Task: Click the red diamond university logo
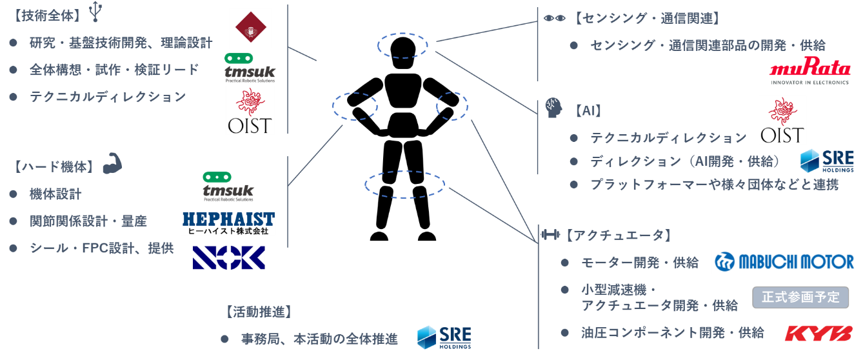[250, 28]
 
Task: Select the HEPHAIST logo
[228, 223]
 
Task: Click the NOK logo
[228, 257]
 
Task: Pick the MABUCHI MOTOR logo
[784, 262]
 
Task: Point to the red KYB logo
[818, 333]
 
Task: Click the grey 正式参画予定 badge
[800, 297]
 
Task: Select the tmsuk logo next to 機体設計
[228, 185]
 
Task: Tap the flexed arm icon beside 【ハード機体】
[112, 164]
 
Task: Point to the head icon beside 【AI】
[553, 107]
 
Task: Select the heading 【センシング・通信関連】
[646, 18]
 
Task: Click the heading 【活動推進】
[259, 312]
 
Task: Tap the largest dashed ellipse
[404, 184]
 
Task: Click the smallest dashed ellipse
[452, 106]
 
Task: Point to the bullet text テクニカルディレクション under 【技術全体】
[108, 97]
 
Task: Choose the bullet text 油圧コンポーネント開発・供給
[673, 333]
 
